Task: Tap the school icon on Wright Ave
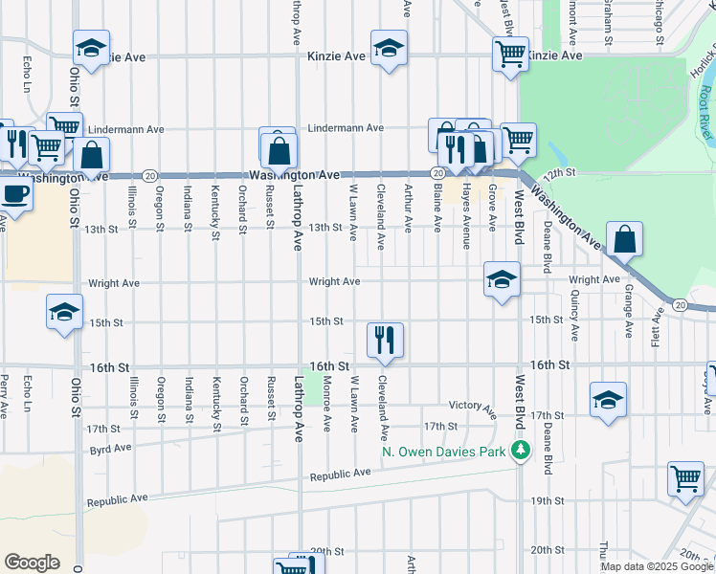(502, 278)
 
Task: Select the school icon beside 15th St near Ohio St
(65, 312)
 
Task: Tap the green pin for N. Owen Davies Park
(521, 450)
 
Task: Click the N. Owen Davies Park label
(443, 451)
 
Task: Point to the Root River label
(705, 104)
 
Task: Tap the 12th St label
(559, 172)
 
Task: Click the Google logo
(33, 563)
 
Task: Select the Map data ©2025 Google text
(657, 566)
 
